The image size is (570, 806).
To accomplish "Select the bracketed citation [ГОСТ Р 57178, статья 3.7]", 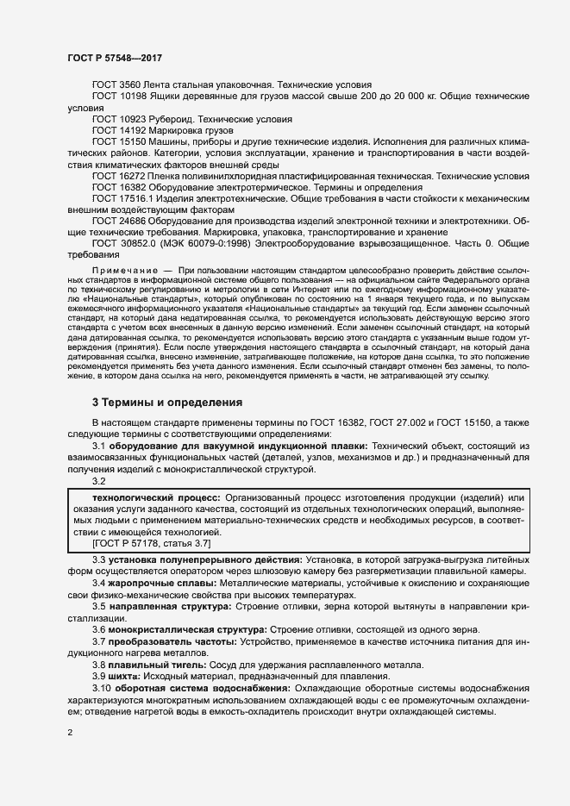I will tap(151, 544).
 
